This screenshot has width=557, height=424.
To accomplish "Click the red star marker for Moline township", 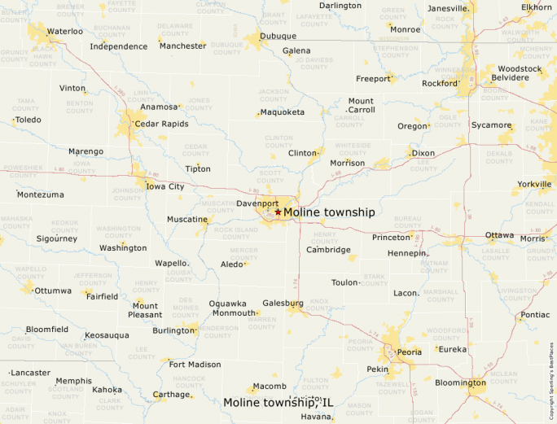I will [278, 212].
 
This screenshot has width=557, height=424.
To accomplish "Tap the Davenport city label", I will [257, 203].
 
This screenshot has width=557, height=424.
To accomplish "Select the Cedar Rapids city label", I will [161, 124].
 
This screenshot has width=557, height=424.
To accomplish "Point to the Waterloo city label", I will [65, 31].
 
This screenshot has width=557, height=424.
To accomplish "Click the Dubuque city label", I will [278, 36].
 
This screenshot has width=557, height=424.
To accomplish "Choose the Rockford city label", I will [440, 83].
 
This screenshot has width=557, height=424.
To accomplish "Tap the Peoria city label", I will [409, 352].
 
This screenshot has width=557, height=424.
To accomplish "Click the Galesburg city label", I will [283, 303].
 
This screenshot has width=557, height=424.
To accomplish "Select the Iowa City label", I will [165, 186].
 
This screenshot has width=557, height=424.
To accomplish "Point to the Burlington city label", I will [173, 330].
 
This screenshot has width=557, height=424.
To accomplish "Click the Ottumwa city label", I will [53, 291].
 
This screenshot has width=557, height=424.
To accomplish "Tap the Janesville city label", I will [448, 8].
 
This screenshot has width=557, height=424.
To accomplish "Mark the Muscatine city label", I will [187, 220].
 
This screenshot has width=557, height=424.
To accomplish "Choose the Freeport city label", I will [373, 79].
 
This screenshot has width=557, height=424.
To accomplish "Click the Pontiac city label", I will [535, 314].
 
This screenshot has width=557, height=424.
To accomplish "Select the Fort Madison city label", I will [195, 365].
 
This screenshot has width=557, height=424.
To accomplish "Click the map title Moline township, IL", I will [278, 402].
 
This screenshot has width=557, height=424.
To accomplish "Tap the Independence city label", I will [119, 46].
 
